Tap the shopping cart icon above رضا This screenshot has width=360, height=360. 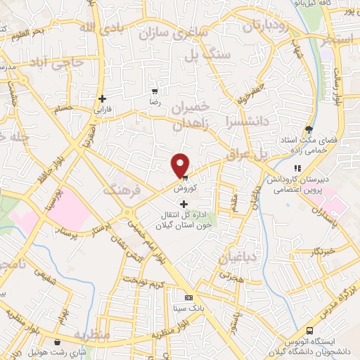(x=155, y=91)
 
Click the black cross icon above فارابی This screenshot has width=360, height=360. (x=103, y=98)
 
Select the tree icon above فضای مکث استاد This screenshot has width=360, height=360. (x=308, y=128)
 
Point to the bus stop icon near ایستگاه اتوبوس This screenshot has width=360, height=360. (x=309, y=330)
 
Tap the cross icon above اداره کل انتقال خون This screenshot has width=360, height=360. (x=184, y=204)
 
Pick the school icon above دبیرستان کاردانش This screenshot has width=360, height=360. (x=297, y=169)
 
